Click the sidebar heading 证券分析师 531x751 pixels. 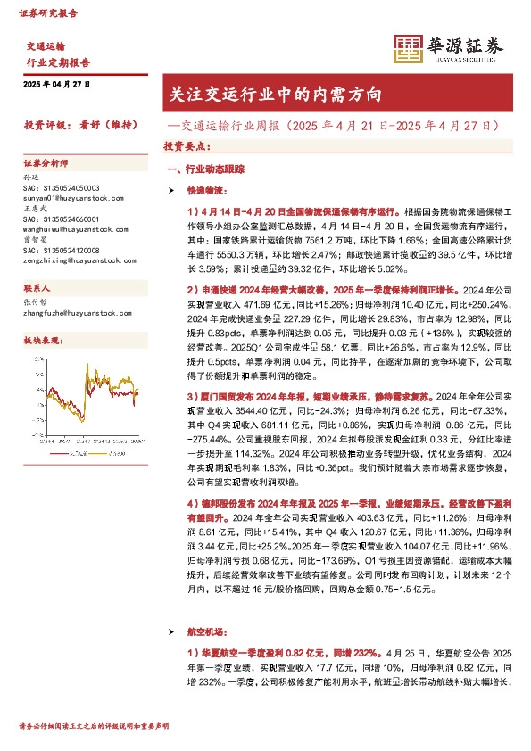[x=46, y=164]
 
